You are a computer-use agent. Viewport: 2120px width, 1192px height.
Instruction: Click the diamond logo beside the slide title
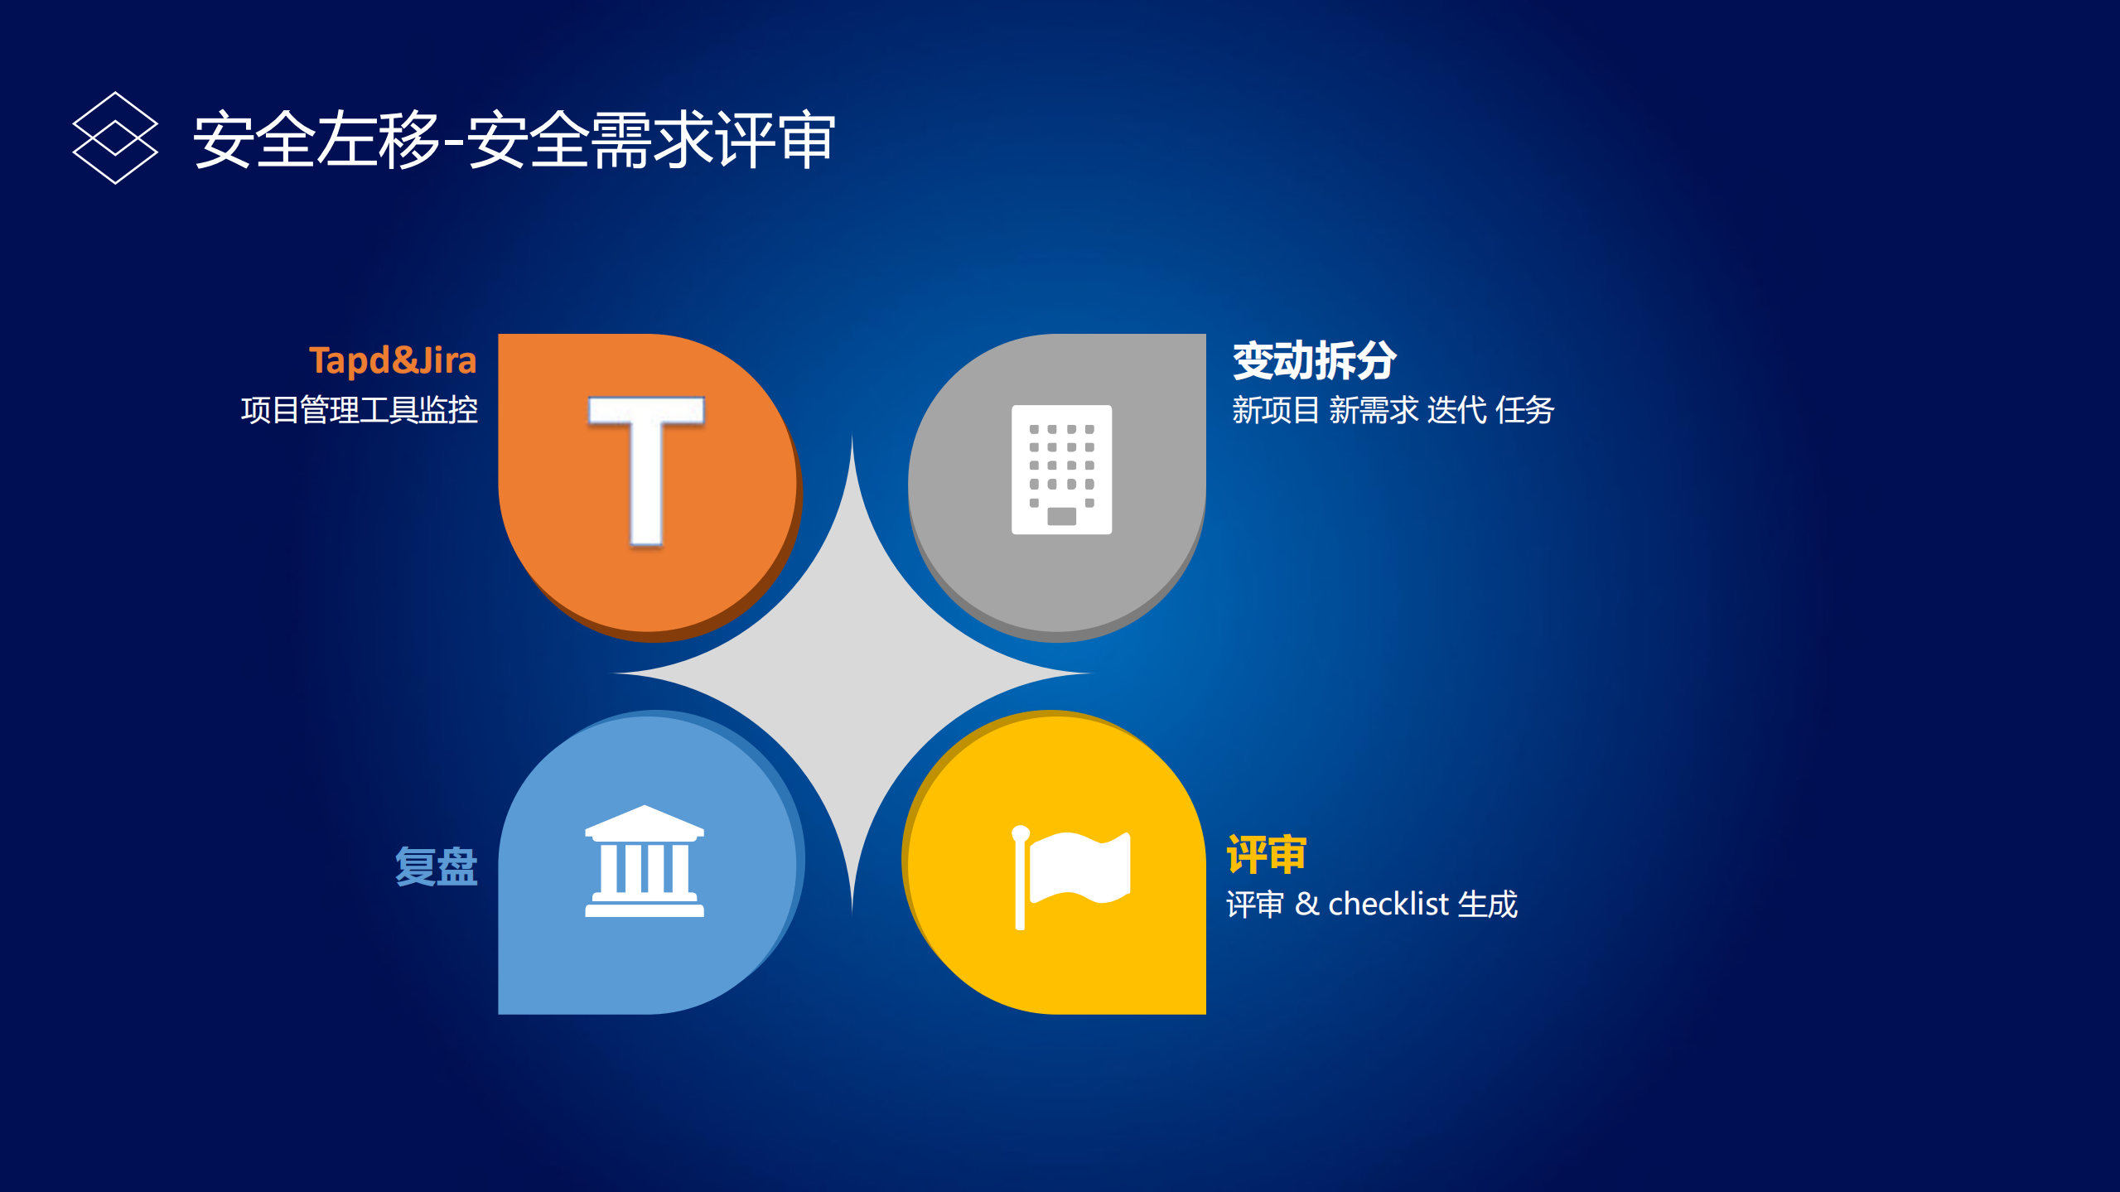click(x=115, y=138)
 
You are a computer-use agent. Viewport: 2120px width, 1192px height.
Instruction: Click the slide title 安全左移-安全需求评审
click(x=514, y=140)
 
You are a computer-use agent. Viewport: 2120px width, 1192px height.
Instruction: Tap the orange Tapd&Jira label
click(x=393, y=360)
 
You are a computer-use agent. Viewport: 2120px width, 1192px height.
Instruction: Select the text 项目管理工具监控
click(x=360, y=410)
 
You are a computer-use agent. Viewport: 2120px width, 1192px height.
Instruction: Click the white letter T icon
click(x=646, y=471)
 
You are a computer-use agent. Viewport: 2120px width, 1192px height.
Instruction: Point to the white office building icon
click(x=1061, y=469)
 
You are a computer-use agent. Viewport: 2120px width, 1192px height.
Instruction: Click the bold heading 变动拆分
click(x=1314, y=360)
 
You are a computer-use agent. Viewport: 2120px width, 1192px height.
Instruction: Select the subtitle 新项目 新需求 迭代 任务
click(x=1393, y=410)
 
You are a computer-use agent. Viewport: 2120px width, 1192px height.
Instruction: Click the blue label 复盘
click(x=437, y=866)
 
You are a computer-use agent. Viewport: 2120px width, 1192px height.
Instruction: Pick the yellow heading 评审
click(x=1267, y=854)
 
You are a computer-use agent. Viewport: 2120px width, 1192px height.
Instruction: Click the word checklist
click(x=1388, y=904)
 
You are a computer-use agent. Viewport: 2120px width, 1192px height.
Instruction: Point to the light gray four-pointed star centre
click(x=852, y=675)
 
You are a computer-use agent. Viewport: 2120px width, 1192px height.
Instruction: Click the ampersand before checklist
click(x=1306, y=904)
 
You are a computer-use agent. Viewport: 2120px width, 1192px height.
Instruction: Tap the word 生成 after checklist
click(x=1488, y=904)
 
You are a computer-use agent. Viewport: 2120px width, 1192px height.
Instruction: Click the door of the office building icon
click(x=1061, y=516)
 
